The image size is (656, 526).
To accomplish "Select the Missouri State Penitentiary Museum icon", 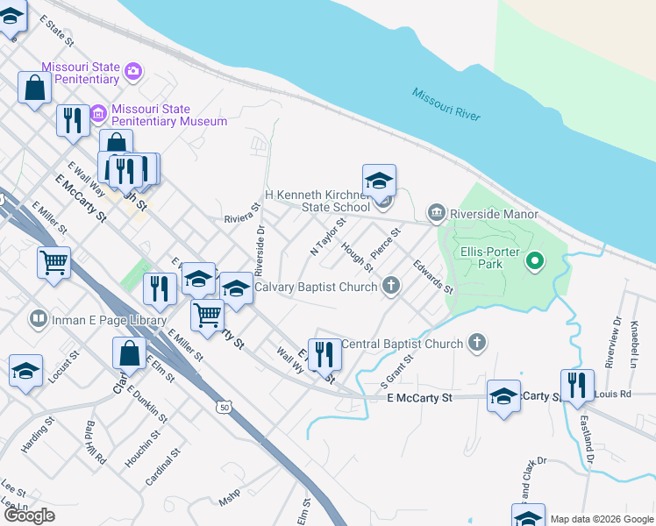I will (97, 113).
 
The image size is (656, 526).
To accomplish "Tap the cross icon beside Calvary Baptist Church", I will (391, 286).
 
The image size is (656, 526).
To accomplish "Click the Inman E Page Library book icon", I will (38, 319).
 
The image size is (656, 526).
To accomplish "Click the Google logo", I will (29, 515).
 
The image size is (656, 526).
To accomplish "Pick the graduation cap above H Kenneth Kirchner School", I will (379, 180).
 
